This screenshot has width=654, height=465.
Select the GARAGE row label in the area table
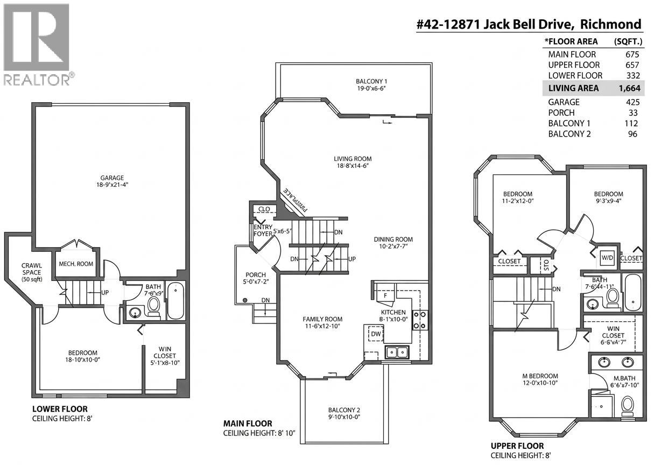coord(564,102)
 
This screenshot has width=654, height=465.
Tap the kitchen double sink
coord(397,353)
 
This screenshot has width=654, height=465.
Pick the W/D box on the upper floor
coord(607,258)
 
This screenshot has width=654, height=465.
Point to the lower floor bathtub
coord(175,301)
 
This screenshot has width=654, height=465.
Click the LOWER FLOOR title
coord(60,409)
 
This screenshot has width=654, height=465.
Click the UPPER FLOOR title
coord(517,446)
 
